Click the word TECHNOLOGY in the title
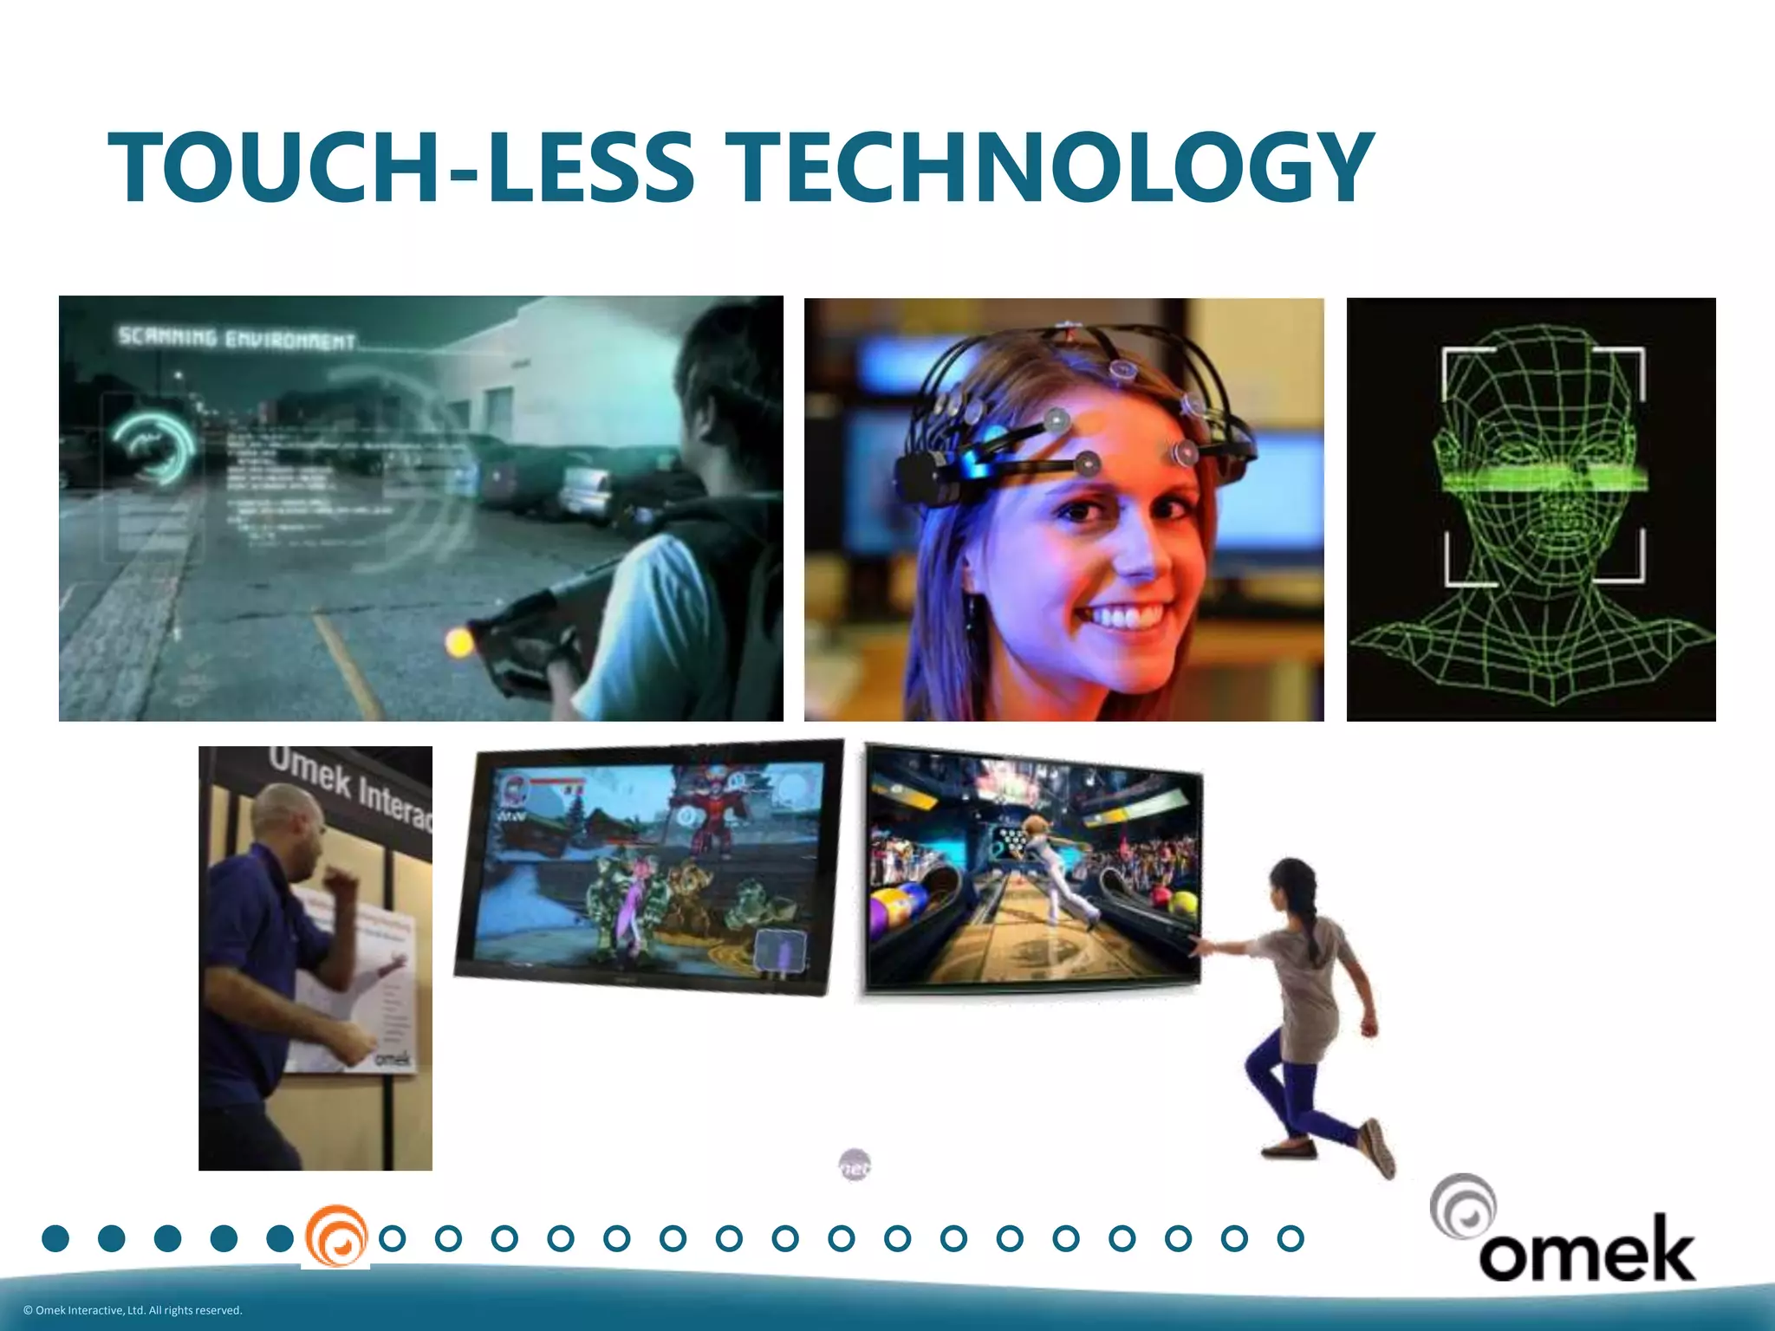[1049, 168]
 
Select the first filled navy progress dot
[55, 1238]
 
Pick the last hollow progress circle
[1291, 1238]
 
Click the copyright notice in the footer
[133, 1310]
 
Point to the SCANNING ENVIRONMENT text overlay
[237, 338]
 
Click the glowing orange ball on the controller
[458, 642]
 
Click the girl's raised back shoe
[1378, 1146]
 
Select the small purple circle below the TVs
[855, 1165]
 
